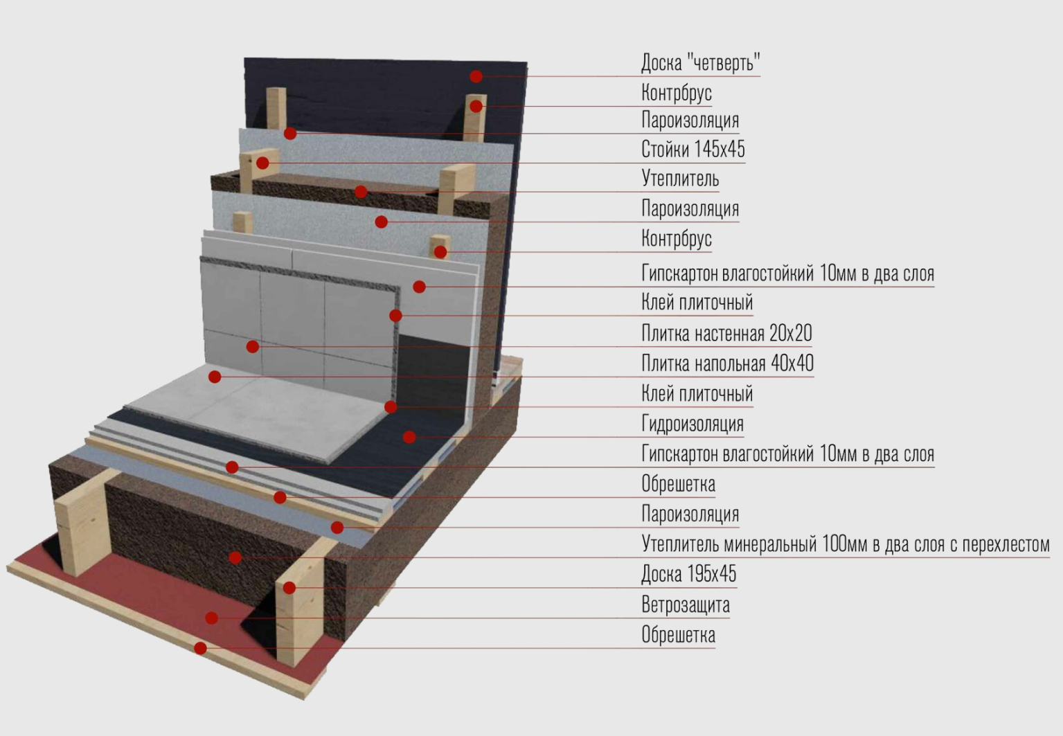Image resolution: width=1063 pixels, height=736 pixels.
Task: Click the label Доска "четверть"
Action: [x=700, y=62]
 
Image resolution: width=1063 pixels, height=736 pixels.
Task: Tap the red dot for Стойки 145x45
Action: [x=262, y=163]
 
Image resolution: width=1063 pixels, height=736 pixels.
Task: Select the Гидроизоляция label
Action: [x=692, y=423]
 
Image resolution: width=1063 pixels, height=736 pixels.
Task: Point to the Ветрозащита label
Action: [x=685, y=604]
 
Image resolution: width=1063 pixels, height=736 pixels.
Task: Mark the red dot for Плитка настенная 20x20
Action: [x=253, y=346]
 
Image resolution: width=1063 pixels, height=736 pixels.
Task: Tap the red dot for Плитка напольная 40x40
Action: [x=215, y=377]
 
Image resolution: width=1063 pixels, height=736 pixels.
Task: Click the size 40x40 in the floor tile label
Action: [x=792, y=363]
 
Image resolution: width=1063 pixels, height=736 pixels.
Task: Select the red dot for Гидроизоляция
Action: [x=409, y=437]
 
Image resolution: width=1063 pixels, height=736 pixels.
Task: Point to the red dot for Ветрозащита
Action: [x=212, y=618]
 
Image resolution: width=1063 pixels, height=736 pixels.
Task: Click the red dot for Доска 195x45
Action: [x=289, y=588]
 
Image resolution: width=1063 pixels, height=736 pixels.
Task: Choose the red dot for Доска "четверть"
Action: [x=476, y=76]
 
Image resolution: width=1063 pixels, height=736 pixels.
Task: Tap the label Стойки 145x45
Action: [x=693, y=149]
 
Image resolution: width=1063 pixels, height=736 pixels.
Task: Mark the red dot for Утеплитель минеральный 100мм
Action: [x=235, y=557]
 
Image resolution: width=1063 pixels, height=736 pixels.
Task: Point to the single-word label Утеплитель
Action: [x=679, y=179]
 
